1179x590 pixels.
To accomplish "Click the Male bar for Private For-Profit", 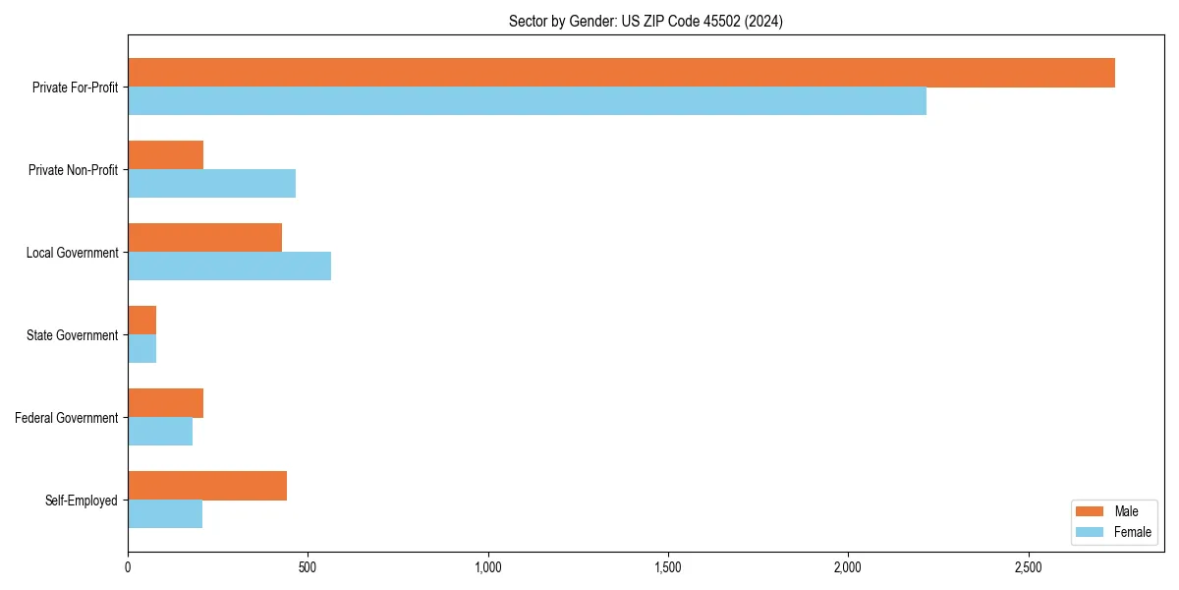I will [x=621, y=73].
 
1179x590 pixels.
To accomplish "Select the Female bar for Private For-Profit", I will [x=527, y=101].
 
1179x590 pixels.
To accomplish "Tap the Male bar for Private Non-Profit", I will [x=165, y=155].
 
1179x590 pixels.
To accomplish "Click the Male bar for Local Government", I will [x=204, y=238].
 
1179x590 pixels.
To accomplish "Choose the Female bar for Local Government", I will [x=229, y=266].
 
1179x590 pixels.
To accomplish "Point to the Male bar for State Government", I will [x=141, y=321].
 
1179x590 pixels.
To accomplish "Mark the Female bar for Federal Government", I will [x=160, y=432].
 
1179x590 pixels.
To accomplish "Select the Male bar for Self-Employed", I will [x=207, y=486].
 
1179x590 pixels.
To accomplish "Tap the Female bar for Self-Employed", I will [x=165, y=514].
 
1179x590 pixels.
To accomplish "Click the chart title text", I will [x=646, y=21].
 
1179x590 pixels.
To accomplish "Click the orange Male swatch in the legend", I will [x=1091, y=511].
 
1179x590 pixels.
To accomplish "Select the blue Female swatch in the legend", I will [x=1091, y=532].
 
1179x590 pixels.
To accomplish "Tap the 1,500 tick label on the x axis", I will [x=668, y=567].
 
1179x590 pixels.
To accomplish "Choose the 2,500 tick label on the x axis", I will [x=1028, y=567].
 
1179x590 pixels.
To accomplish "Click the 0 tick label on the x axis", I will [x=128, y=567].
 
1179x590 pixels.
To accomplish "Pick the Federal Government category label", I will [x=67, y=418].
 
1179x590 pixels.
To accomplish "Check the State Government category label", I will [x=73, y=335].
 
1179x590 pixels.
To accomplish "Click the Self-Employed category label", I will [x=82, y=501].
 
